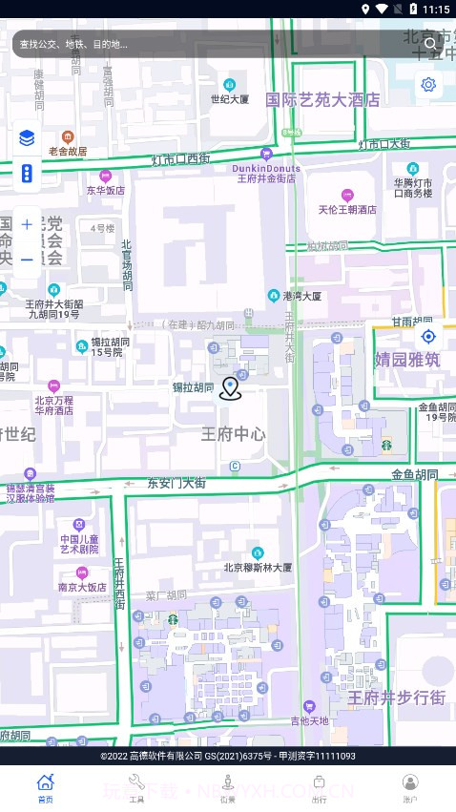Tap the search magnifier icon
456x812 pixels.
point(430,43)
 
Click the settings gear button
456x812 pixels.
point(428,85)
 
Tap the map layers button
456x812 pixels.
point(27,138)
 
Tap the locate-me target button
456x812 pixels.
point(428,336)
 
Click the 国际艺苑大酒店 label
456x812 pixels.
point(322,99)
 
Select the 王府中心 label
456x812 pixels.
point(234,434)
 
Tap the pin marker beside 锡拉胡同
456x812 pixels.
point(230,387)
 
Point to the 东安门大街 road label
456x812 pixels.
point(176,483)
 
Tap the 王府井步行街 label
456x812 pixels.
point(397,697)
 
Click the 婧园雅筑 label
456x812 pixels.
point(407,360)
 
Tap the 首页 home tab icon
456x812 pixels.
point(46,782)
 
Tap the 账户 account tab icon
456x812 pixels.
point(410,782)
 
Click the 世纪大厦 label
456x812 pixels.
point(230,99)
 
